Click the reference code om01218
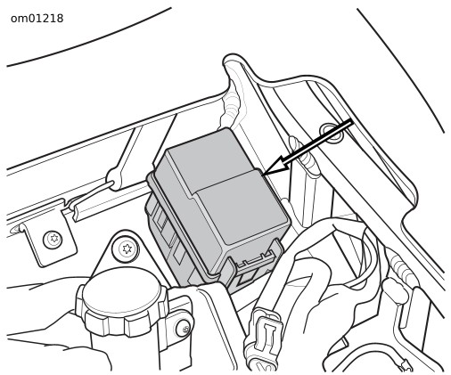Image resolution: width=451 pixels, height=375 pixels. coord(37,19)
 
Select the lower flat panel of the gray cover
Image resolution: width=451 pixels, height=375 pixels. coord(242,205)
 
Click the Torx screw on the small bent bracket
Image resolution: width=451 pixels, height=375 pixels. coord(53,240)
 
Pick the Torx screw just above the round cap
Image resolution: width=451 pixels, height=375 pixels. coord(126,249)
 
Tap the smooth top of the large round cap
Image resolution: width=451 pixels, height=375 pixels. coord(122,291)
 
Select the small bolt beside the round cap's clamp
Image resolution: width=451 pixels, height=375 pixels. coord(184,328)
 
